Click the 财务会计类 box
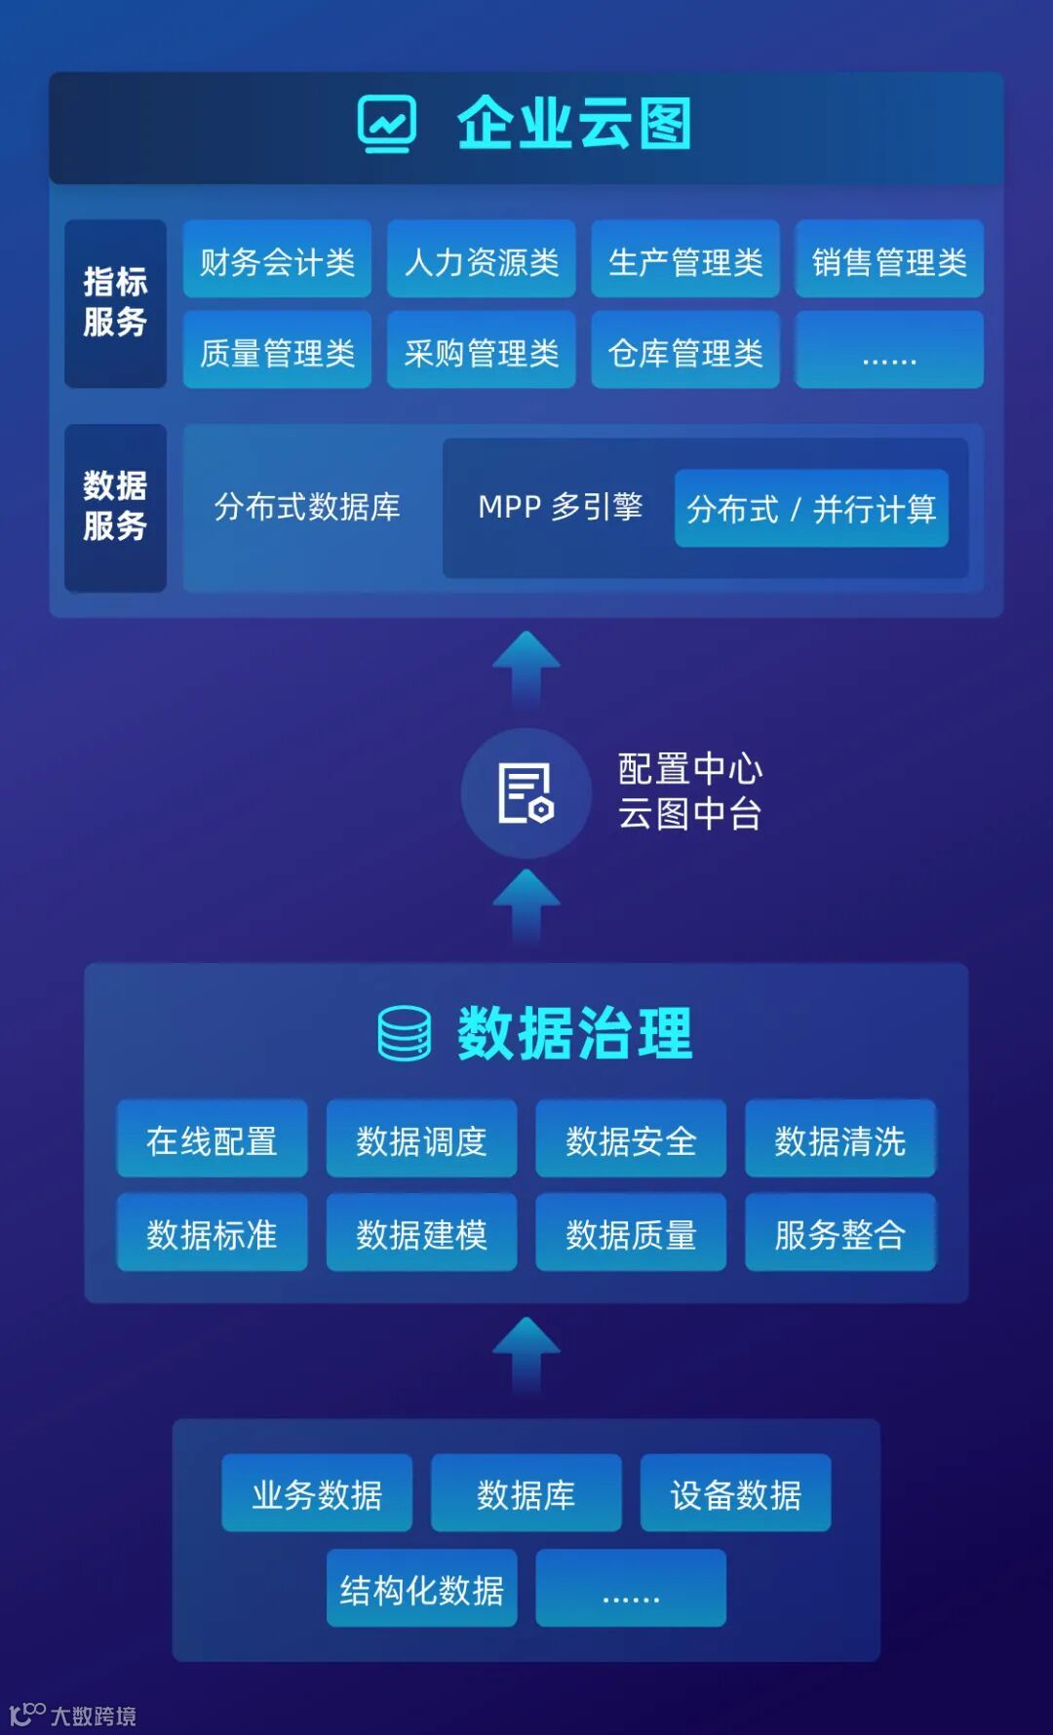[277, 259]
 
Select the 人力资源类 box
[481, 259]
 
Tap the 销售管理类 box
[889, 259]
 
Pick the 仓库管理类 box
[684, 351]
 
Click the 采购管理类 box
[481, 351]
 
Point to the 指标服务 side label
[115, 303]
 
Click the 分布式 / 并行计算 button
[811, 508]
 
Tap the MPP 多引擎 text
[560, 507]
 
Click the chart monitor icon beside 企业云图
[387, 124]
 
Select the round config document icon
[526, 793]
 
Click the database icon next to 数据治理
[404, 1033]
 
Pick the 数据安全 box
[631, 1138]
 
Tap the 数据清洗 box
[840, 1138]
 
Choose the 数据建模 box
[421, 1232]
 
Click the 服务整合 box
[840, 1232]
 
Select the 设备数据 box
[735, 1492]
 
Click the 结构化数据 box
[421, 1588]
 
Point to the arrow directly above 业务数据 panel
[526, 1356]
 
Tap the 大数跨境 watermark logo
[72, 1715]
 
